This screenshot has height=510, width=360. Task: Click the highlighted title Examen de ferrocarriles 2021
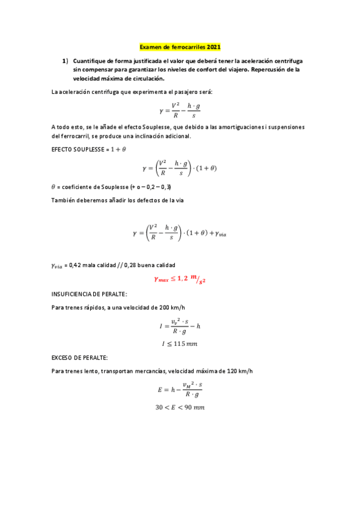click(180, 46)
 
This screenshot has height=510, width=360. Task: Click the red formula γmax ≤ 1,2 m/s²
click(184, 279)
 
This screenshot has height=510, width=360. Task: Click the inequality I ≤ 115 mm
click(180, 343)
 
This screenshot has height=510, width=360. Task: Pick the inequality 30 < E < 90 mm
click(180, 407)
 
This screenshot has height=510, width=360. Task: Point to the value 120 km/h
click(239, 371)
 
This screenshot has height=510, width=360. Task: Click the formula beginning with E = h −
click(180, 390)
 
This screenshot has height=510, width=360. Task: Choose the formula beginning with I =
click(180, 326)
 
